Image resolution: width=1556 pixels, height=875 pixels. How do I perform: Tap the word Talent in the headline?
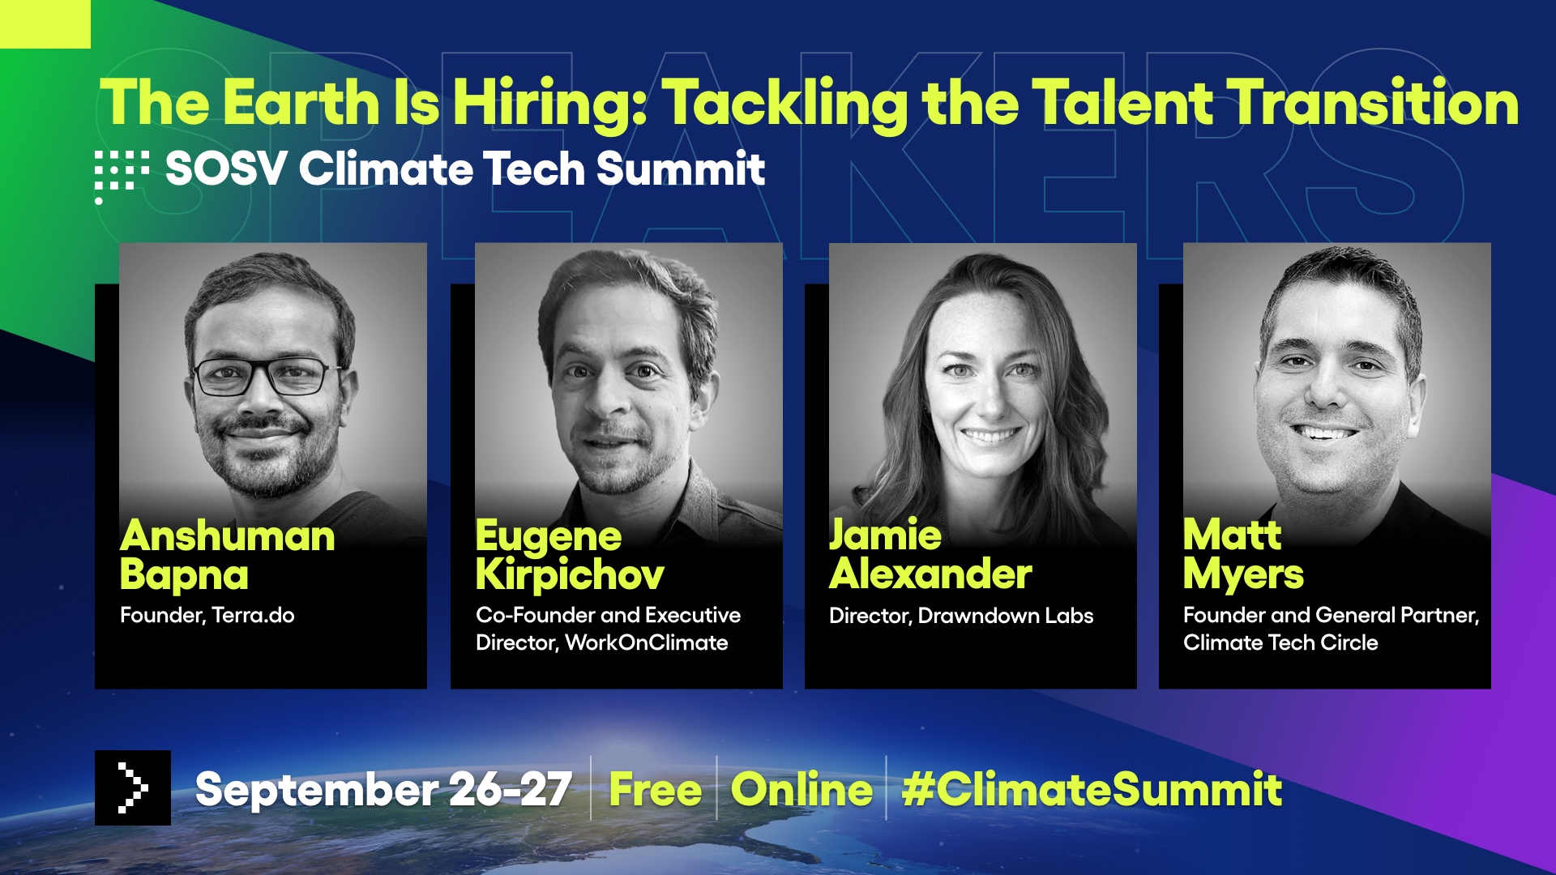tap(1122, 103)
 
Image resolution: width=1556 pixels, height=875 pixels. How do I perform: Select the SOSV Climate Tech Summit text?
tap(465, 169)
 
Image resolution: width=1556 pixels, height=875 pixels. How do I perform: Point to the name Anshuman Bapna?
tap(227, 555)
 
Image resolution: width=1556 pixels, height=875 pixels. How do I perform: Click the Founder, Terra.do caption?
tap(207, 615)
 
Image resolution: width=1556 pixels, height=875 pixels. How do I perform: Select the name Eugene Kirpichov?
tap(570, 555)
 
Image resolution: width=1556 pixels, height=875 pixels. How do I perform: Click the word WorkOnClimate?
tap(647, 642)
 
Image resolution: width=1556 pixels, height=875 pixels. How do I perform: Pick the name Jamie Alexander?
tap(930, 554)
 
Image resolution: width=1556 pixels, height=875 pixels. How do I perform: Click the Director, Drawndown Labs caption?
tap(961, 616)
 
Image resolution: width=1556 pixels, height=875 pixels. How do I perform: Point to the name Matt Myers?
tap(1243, 555)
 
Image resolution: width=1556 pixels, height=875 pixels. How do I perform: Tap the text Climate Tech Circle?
tap(1280, 642)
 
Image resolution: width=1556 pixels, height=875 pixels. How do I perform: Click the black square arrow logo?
tap(133, 787)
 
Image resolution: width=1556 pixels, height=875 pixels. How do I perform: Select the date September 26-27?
tap(384, 789)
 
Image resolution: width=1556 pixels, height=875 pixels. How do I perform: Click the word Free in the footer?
tap(656, 790)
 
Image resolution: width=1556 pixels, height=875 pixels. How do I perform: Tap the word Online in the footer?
tap(802, 789)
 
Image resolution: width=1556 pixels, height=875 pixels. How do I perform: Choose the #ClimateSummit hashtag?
tap(1092, 789)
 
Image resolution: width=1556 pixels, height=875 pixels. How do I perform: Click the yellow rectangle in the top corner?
tap(45, 24)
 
